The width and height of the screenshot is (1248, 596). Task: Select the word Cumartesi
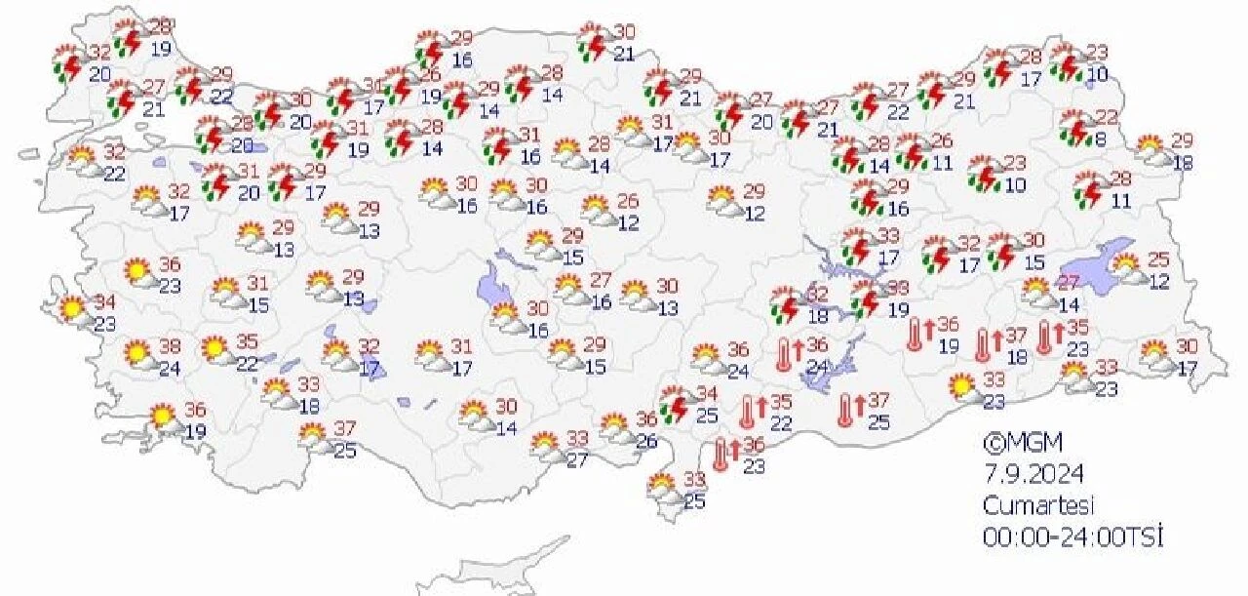(x=1039, y=505)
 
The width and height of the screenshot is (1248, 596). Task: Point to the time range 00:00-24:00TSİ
(x=1073, y=536)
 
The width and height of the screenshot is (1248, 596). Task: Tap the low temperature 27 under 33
(x=577, y=459)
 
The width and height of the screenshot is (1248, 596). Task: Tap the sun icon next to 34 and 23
(x=71, y=309)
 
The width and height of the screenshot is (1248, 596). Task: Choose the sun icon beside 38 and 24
(x=138, y=353)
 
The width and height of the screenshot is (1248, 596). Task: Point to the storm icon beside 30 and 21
(x=592, y=44)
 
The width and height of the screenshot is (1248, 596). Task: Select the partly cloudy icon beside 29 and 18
(x=1152, y=150)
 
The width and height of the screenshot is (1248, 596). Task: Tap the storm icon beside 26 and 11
(x=912, y=152)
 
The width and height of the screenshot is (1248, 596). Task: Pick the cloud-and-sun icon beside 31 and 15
(x=226, y=293)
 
